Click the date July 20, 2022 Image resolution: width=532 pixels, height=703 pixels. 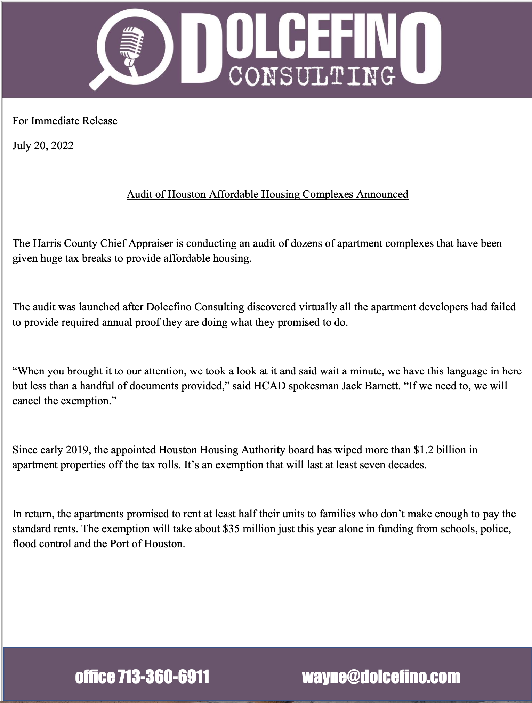(x=43, y=145)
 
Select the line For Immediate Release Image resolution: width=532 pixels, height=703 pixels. (x=65, y=121)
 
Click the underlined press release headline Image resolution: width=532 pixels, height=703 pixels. (x=267, y=194)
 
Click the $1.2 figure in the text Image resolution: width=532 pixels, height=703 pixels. (x=424, y=450)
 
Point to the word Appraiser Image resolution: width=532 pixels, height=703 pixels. (x=151, y=243)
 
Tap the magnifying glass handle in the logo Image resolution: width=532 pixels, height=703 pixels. (x=99, y=80)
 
